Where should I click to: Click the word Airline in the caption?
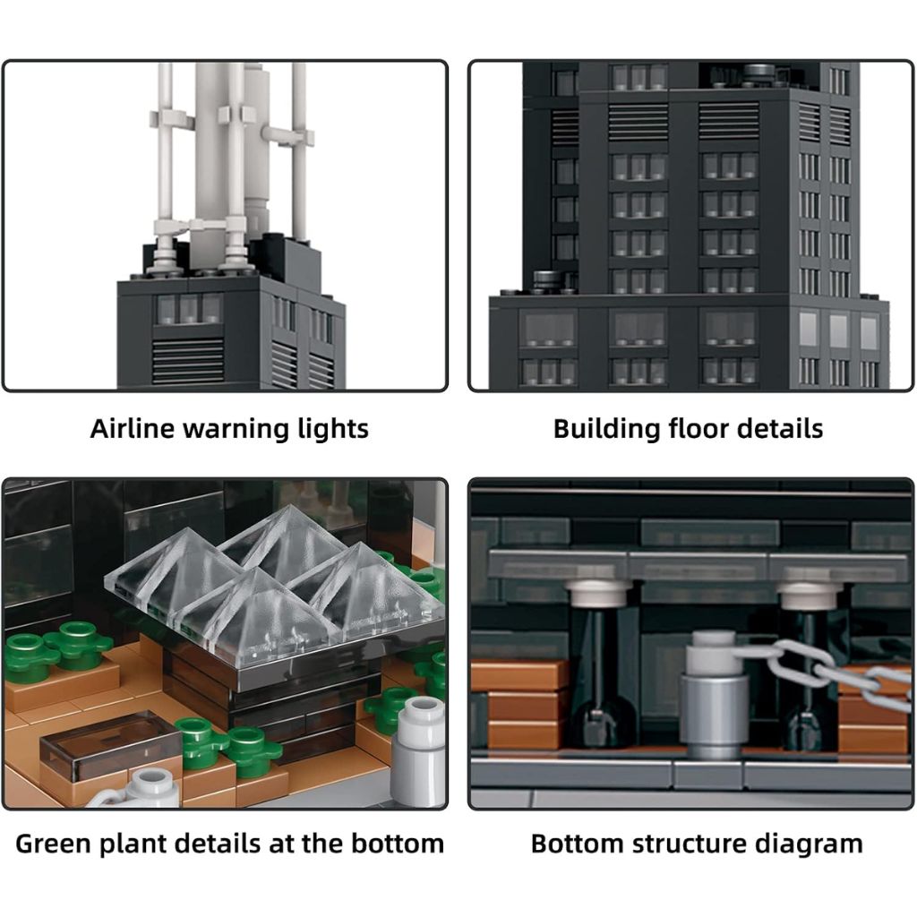[133, 428]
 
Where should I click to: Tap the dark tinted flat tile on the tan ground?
[110, 746]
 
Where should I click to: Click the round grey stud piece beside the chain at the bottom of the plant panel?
[150, 786]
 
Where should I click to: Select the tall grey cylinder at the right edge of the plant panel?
[419, 750]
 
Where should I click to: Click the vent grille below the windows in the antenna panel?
[188, 361]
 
